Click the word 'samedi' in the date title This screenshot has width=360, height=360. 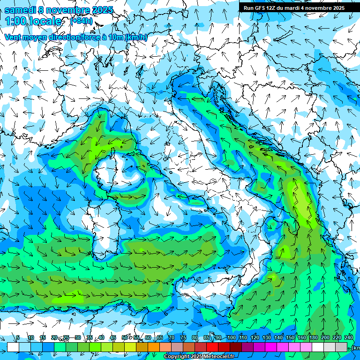[19, 10]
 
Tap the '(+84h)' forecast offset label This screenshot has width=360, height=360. [82, 21]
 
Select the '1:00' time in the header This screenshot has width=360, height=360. [15, 21]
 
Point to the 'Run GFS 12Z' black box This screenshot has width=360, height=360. [293, 7]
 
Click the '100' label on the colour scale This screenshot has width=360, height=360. [231, 338]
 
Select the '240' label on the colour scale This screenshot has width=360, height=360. [348, 338]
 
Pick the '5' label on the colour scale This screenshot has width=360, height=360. [18, 338]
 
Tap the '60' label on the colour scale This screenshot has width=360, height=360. [148, 338]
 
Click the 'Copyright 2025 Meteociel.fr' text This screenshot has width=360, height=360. [199, 357]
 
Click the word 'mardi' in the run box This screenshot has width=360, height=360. [294, 7]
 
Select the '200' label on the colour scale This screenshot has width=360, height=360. [325, 338]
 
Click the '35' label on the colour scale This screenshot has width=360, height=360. [90, 338]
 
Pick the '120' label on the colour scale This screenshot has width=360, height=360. [255, 338]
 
